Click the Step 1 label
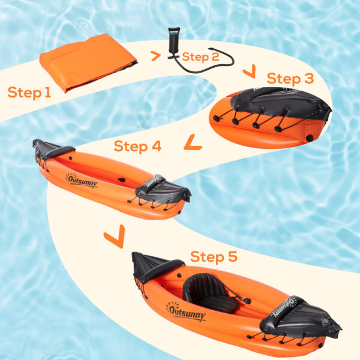(29, 93)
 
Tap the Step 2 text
(200, 57)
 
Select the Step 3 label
(290, 79)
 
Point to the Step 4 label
(137, 146)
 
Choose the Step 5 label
(214, 256)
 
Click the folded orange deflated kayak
(88, 62)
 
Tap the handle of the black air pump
(174, 30)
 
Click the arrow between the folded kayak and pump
(155, 56)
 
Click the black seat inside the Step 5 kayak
(211, 293)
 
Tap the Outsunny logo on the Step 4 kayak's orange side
(82, 181)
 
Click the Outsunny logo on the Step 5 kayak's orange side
(185, 312)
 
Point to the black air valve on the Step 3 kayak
(309, 138)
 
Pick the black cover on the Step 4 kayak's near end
(163, 190)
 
